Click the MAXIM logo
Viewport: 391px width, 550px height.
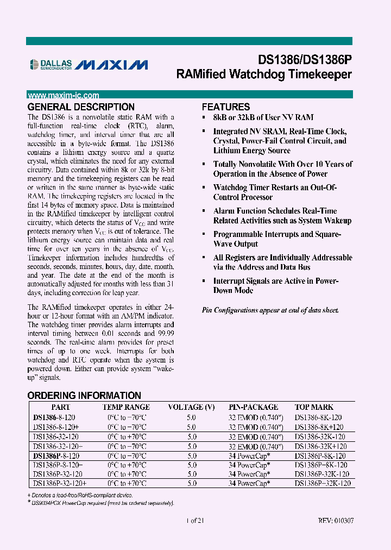[x=111, y=65]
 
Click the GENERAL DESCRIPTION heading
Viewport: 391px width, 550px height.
[x=81, y=107]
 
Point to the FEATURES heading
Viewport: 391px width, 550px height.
[x=226, y=107]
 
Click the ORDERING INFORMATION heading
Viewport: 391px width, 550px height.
[x=84, y=396]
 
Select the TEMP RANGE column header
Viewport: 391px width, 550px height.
[x=127, y=407]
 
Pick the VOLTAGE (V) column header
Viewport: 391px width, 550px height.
[x=191, y=407]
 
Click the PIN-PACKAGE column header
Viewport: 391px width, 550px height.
[x=253, y=407]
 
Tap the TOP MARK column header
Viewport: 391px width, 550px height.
[x=314, y=407]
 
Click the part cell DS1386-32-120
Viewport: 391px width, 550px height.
[x=56, y=436]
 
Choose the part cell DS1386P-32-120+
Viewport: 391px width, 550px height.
[x=60, y=483]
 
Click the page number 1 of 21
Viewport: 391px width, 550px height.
[x=195, y=520]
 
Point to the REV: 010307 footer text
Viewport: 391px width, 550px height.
[x=336, y=520]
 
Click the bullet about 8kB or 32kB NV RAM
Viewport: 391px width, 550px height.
[x=263, y=117]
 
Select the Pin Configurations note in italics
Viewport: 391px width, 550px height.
[x=270, y=310]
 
